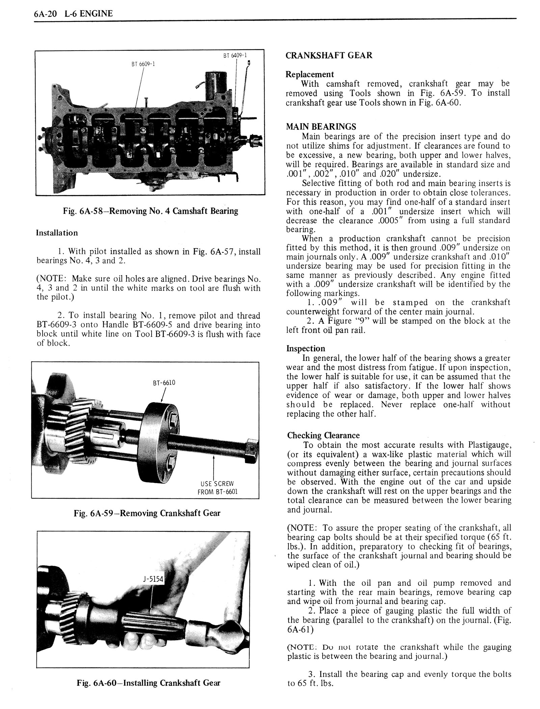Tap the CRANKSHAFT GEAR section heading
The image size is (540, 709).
pos(329,55)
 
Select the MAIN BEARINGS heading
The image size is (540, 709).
pos(321,127)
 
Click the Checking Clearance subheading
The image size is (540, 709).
pos(323,436)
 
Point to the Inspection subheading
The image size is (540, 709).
pos(306,349)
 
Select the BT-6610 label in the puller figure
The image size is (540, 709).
pos(164,383)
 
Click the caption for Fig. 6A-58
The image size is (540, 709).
pos(150,211)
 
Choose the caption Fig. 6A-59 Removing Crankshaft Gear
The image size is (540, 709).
pos(147,514)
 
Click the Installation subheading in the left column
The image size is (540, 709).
pos(57,233)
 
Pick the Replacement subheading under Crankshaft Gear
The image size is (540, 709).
pos(309,74)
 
